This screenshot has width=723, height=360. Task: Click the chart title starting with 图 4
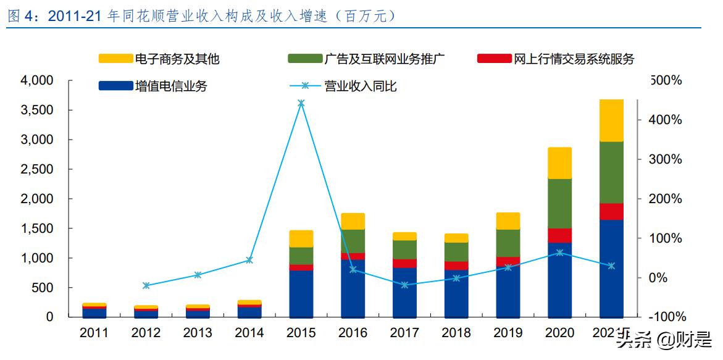click(201, 16)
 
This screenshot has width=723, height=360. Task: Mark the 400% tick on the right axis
click(667, 120)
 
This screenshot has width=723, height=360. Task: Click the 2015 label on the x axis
click(301, 333)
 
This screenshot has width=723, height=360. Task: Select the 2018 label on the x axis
click(456, 333)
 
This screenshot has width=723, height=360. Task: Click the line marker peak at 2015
click(301, 104)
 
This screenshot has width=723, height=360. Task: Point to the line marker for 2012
click(146, 285)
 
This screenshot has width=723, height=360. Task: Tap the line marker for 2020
click(559, 253)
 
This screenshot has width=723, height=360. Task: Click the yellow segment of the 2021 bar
click(611, 120)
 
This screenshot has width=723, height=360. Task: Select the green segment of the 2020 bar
click(559, 204)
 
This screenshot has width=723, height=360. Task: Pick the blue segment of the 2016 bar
click(353, 288)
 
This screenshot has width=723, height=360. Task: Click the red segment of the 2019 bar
click(508, 262)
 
